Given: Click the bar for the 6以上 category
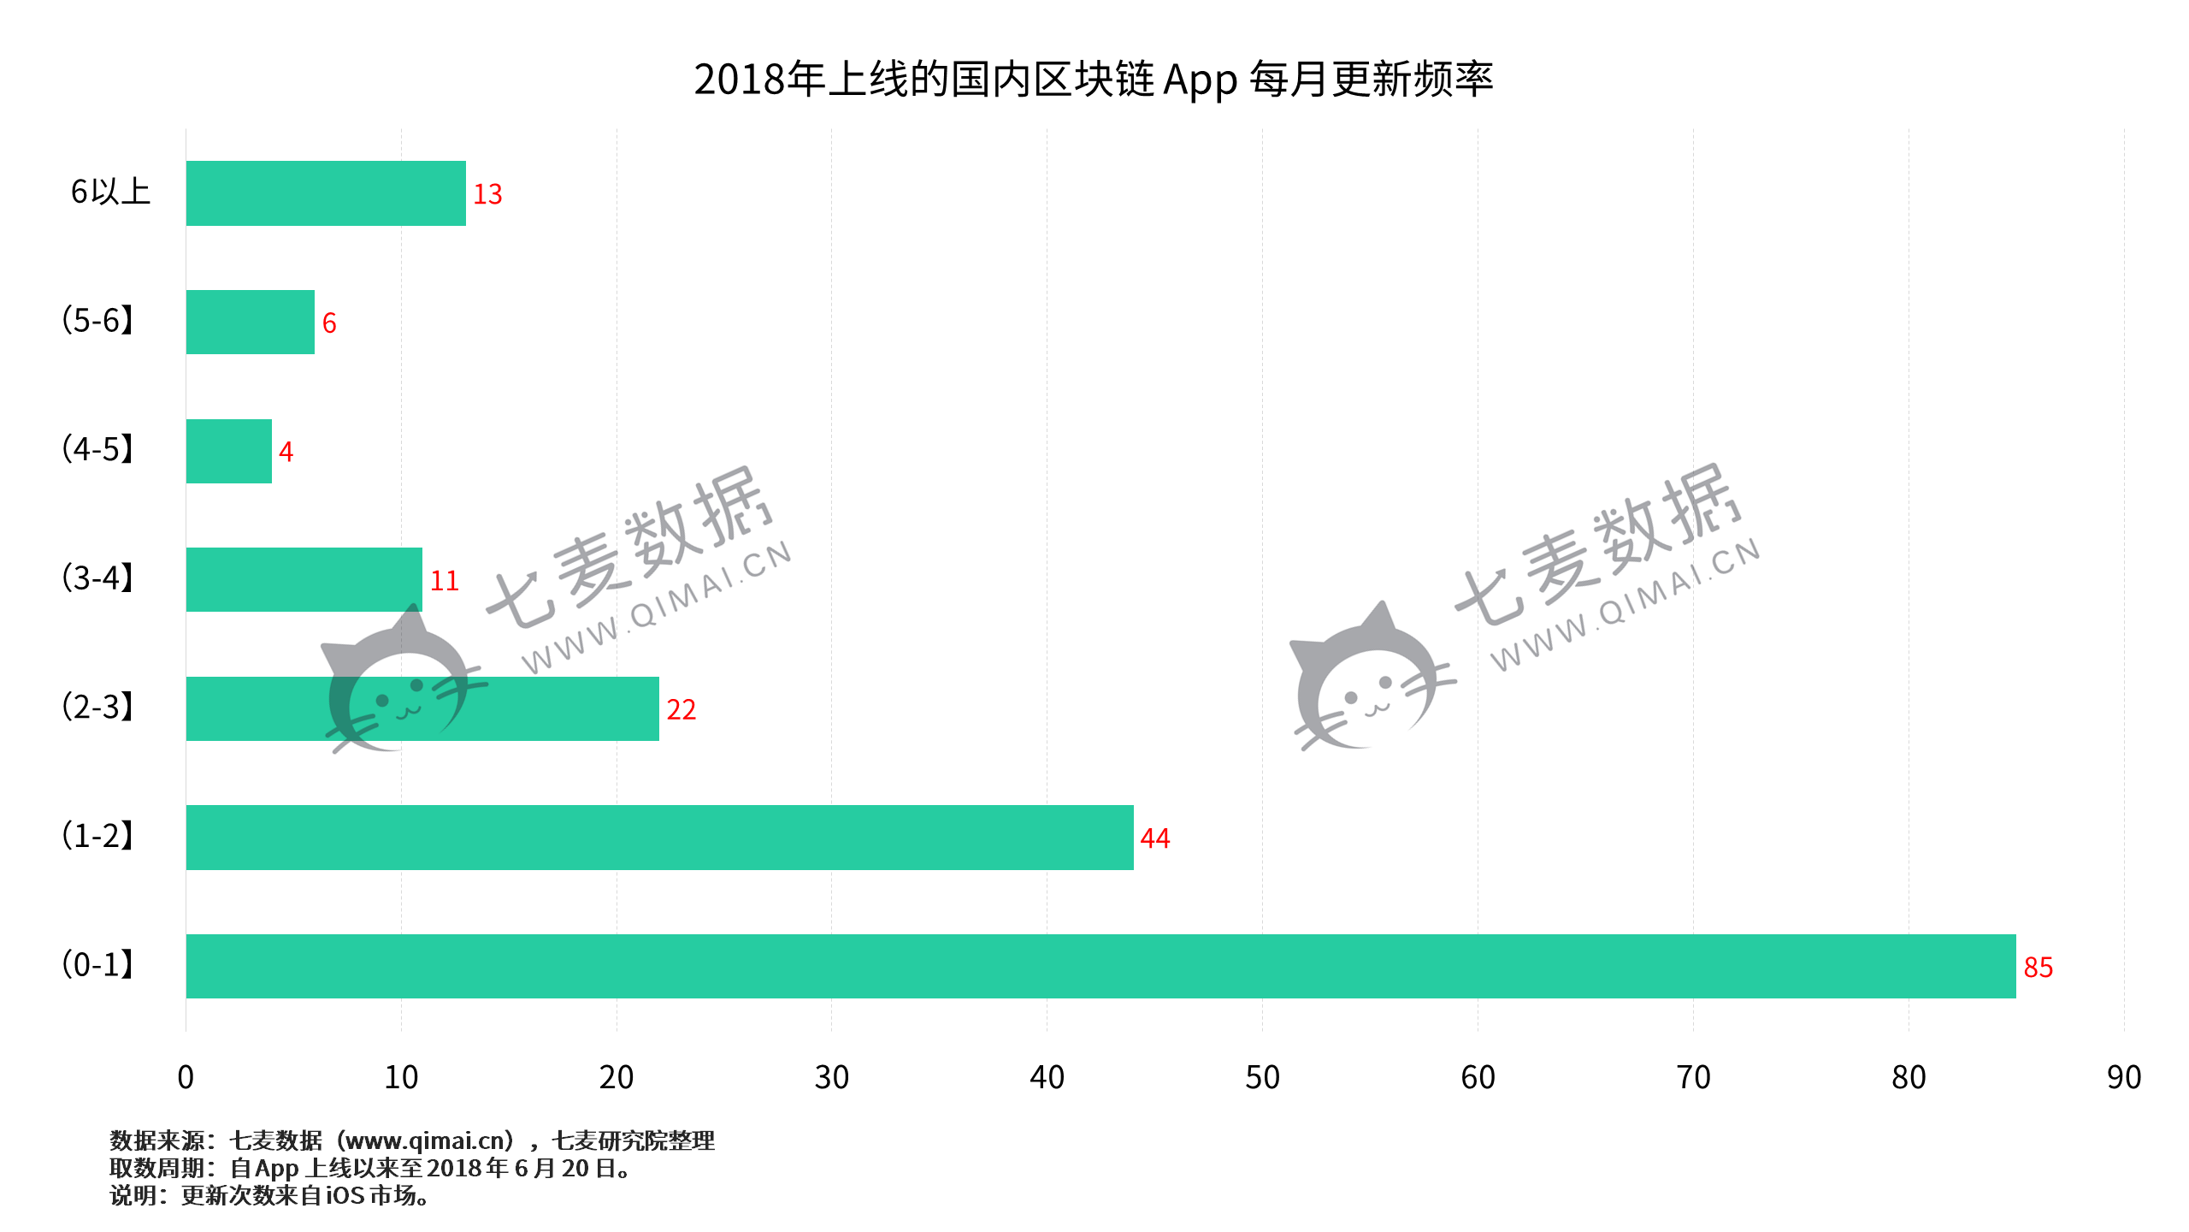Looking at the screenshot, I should [x=326, y=193].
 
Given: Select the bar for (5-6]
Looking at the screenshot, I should [x=251, y=323].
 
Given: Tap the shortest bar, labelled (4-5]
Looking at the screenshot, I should [x=229, y=451].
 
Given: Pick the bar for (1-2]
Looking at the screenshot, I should [x=659, y=838].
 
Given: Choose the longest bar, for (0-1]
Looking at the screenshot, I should [x=1100, y=966].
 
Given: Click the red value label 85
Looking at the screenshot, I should [x=2038, y=968].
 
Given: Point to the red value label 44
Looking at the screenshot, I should [x=1154, y=838].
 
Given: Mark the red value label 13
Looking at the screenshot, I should [x=487, y=194].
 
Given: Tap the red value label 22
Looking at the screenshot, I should [x=681, y=710].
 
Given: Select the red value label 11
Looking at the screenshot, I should [x=444, y=581].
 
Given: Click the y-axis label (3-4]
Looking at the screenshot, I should [x=97, y=578].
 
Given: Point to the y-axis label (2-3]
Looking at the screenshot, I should [x=97, y=708].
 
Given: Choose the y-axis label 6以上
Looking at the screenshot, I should [x=110, y=192].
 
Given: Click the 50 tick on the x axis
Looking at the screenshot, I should [x=1262, y=1077].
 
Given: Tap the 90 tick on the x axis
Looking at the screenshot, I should [x=2124, y=1077].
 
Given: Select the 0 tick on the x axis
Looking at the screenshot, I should [x=186, y=1077].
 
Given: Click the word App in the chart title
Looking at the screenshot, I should [x=1200, y=80].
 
